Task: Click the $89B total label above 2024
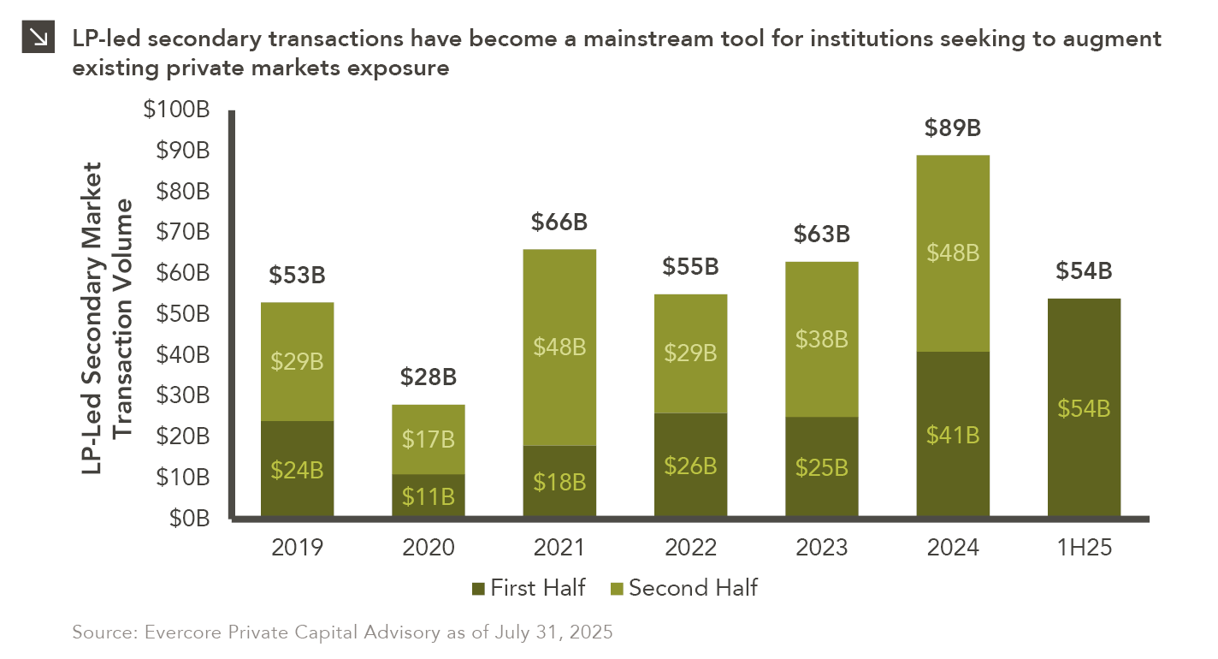[953, 128]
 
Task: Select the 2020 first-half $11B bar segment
[429, 496]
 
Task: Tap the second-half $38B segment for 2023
[822, 340]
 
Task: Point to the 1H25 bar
[1084, 407]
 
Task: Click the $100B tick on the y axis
[176, 110]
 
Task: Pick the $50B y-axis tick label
[183, 314]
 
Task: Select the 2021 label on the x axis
[559, 548]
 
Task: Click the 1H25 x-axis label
[1084, 548]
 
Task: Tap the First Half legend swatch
[478, 589]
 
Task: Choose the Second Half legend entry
[684, 588]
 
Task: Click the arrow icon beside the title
[38, 37]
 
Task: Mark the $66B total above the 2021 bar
[559, 223]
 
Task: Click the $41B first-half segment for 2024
[953, 434]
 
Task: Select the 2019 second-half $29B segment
[297, 362]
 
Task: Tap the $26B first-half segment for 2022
[690, 465]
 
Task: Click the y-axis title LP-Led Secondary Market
[92, 318]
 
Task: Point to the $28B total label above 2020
[429, 377]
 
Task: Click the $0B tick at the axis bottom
[189, 519]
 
